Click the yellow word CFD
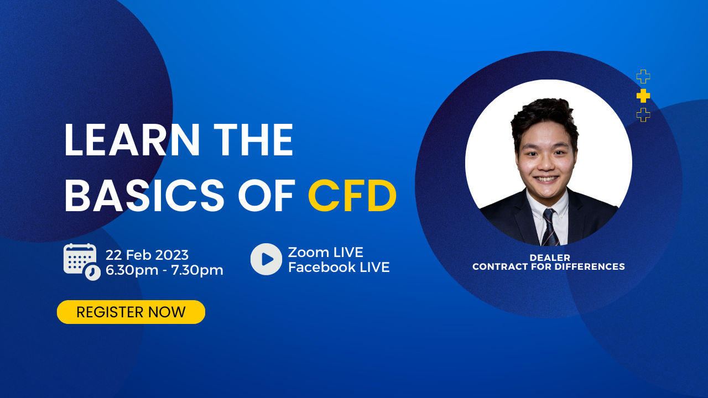pos(352,196)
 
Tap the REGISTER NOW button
pos(131,312)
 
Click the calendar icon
pos(82,262)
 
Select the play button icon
pos(266,259)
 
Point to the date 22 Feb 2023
pos(147,255)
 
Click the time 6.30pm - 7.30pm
pos(164,270)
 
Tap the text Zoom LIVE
pos(326,252)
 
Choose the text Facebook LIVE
pos(339,267)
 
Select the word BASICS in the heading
pos(144,196)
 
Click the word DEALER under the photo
pos(550,258)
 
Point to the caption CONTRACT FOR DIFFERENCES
pos(549,266)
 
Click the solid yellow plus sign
pos(643,96)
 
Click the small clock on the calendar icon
pos(93,273)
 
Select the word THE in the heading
pos(254,140)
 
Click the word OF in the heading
pos(267,196)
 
